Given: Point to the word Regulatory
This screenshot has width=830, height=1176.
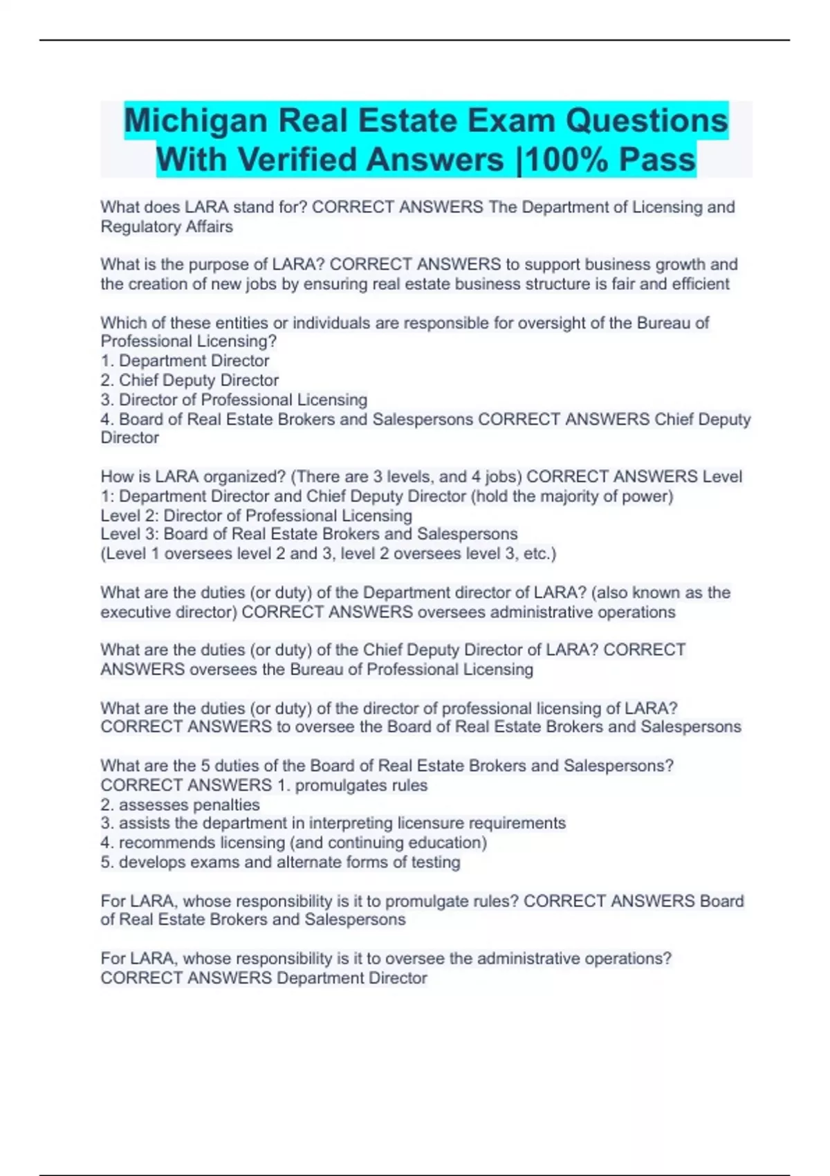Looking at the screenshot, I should click(x=134, y=227).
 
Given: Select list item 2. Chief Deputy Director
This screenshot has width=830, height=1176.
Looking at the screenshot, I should click(x=190, y=380).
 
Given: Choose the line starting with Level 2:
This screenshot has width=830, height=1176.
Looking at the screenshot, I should click(x=256, y=516).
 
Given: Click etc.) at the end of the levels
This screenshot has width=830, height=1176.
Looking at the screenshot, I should click(x=540, y=554).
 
